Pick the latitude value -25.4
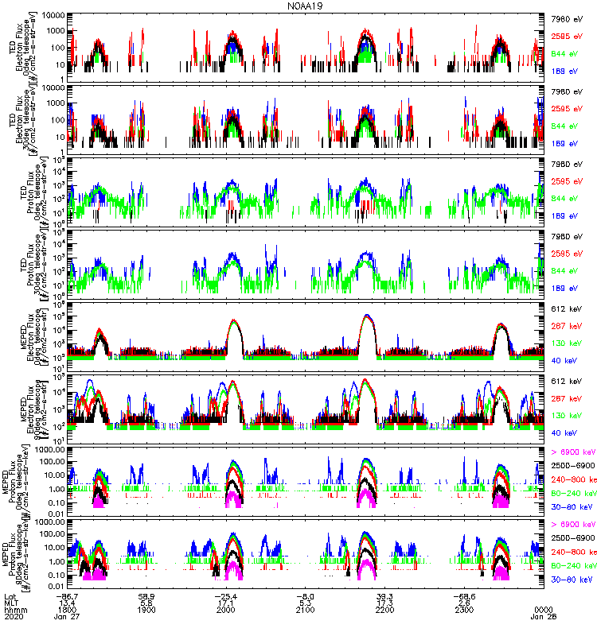(225, 595)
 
